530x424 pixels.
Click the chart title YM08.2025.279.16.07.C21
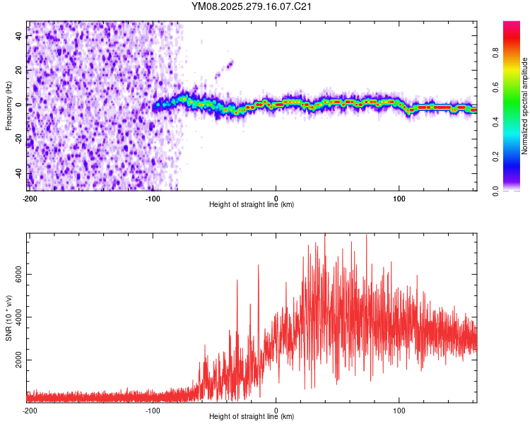pyautogui.click(x=252, y=6)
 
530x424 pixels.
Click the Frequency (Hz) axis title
pyautogui.click(x=8, y=105)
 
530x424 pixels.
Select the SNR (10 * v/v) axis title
pyautogui.click(x=8, y=317)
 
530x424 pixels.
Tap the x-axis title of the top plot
pyautogui.click(x=252, y=205)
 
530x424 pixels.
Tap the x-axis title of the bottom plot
pyautogui.click(x=252, y=417)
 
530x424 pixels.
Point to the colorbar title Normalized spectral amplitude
pyautogui.click(x=524, y=106)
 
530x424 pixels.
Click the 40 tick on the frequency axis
pyautogui.click(x=19, y=36)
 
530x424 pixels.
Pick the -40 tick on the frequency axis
pyautogui.click(x=18, y=174)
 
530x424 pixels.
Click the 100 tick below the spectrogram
pyautogui.click(x=399, y=198)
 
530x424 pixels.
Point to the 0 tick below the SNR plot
pyautogui.click(x=276, y=410)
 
